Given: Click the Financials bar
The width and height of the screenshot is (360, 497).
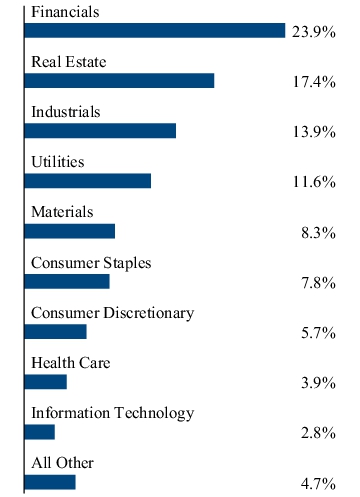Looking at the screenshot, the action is pyautogui.click(x=155, y=31).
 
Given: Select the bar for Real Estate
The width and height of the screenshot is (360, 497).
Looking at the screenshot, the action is pyautogui.click(x=119, y=81).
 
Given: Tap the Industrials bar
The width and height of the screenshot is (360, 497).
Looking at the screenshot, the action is pyautogui.click(x=100, y=131).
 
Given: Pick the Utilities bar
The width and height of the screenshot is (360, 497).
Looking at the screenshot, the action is pyautogui.click(x=88, y=181).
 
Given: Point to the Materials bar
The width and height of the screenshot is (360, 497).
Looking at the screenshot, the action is pyautogui.click(x=70, y=231).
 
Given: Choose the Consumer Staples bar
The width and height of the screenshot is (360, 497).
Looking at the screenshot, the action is pyautogui.click(x=67, y=281).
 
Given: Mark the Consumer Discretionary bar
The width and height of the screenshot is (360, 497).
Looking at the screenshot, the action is pyautogui.click(x=56, y=332).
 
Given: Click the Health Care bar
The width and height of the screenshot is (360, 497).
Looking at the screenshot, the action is pyautogui.click(x=46, y=382).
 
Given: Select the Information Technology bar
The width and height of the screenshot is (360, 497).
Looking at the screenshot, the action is pyautogui.click(x=40, y=432).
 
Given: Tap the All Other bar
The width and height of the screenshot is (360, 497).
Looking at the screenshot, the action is pyautogui.click(x=50, y=482).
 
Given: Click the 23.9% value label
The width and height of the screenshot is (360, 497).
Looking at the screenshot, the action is pyautogui.click(x=314, y=32).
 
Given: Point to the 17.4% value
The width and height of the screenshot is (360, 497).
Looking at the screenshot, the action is pyautogui.click(x=314, y=82).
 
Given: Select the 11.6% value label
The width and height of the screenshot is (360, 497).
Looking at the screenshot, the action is pyautogui.click(x=314, y=182).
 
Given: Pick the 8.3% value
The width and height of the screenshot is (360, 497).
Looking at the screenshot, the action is pyautogui.click(x=318, y=232).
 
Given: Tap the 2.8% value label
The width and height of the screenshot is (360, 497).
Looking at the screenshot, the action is pyautogui.click(x=318, y=433).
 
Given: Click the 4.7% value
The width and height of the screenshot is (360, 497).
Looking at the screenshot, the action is pyautogui.click(x=318, y=483).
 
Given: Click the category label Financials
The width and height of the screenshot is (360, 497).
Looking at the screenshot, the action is pyautogui.click(x=65, y=12).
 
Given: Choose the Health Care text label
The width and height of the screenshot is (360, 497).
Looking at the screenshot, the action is pyautogui.click(x=71, y=363).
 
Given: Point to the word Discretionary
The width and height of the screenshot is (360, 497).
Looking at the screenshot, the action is pyautogui.click(x=149, y=313).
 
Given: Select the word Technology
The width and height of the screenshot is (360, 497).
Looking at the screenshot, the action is pyautogui.click(x=154, y=413).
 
